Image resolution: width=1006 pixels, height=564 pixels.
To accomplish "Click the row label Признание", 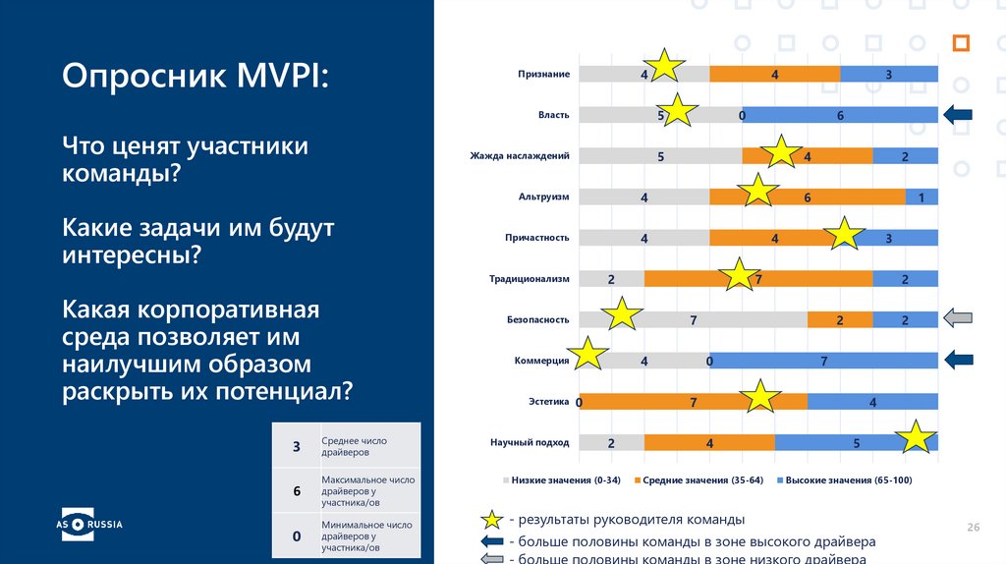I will (x=543, y=75).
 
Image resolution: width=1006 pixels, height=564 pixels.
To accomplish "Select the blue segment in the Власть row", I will (x=840, y=115).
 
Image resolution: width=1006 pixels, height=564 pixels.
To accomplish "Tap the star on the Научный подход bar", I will (x=917, y=438).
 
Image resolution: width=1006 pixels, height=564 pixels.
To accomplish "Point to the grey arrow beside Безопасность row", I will (x=958, y=317).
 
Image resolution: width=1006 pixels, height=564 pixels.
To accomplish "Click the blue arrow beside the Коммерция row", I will (x=958, y=360).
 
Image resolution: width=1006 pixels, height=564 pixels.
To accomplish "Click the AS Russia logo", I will (x=88, y=524).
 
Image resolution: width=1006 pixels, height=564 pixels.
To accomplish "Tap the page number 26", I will (x=974, y=529).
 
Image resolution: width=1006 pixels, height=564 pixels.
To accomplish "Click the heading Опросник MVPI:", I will (x=196, y=76).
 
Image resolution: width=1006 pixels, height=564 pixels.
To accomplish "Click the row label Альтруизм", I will (x=543, y=197).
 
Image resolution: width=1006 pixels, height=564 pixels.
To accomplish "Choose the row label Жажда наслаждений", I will (x=519, y=156).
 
